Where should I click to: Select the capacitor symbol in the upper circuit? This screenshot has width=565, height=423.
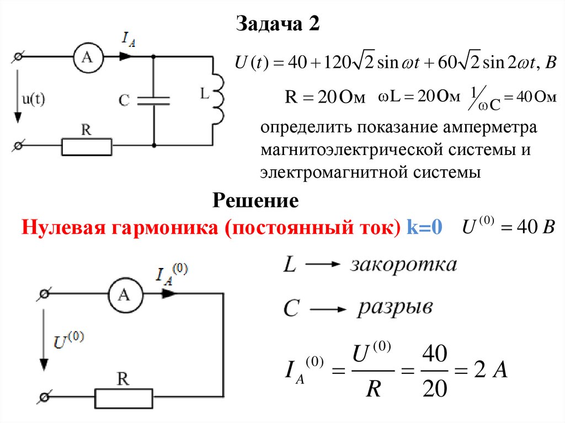pyautogui.click(x=153, y=100)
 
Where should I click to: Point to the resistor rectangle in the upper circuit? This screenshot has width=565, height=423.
pyautogui.click(x=87, y=147)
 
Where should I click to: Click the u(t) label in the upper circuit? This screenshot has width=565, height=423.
pyautogui.click(x=34, y=99)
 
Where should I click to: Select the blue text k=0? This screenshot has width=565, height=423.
pyautogui.click(x=425, y=227)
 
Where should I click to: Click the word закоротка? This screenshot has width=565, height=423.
pyautogui.click(x=403, y=265)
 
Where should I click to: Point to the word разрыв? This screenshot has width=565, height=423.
pyautogui.click(x=395, y=307)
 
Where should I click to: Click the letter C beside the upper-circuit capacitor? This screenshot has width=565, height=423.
pyautogui.click(x=124, y=100)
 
